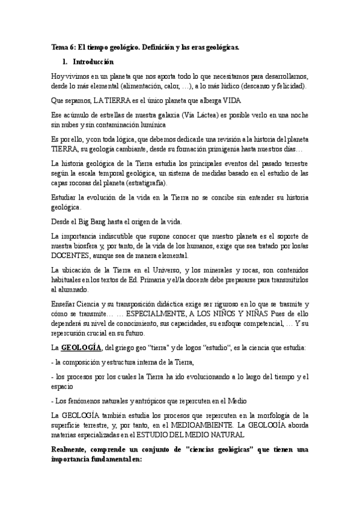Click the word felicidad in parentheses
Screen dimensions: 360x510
tap(287, 87)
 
